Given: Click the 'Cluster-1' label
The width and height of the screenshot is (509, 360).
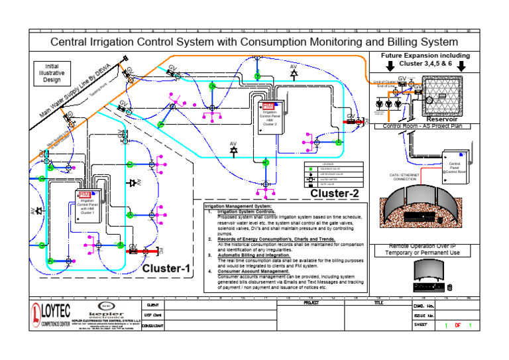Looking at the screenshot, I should [166, 269].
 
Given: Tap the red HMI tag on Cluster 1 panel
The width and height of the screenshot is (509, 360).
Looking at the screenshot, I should [85, 194].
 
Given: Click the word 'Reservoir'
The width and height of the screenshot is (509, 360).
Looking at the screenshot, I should [441, 119].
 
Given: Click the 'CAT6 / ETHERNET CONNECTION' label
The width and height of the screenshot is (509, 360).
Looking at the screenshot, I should [405, 177].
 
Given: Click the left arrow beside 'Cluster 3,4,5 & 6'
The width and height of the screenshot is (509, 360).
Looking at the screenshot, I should [390, 66].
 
